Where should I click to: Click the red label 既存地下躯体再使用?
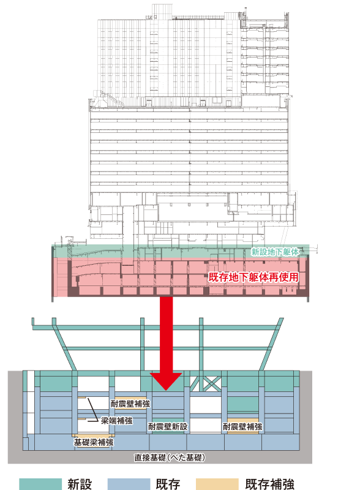pyautogui.click(x=253, y=277)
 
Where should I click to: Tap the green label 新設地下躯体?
pyautogui.click(x=275, y=252)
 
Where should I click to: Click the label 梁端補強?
pyautogui.click(x=116, y=421)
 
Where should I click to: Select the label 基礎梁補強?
pyautogui.click(x=94, y=442)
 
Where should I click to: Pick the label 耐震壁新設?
pyautogui.click(x=168, y=426)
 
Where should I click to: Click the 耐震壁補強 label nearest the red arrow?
pyautogui.click(x=130, y=404)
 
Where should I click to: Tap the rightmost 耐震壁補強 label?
pyautogui.click(x=242, y=426)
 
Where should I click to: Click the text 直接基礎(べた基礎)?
pyautogui.click(x=170, y=458)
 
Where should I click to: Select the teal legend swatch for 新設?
pyautogui.click(x=40, y=484)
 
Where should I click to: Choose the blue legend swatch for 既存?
pyautogui.click(x=129, y=484)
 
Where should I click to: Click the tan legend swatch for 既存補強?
pyautogui.click(x=217, y=484)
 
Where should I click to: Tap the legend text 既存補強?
pyautogui.click(x=269, y=484)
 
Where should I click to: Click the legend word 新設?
pyautogui.click(x=80, y=484)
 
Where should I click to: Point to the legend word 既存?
pyautogui.click(x=168, y=484)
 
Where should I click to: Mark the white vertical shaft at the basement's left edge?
pyautogui.click(x=31, y=402)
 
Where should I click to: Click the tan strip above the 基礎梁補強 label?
pyautogui.click(x=94, y=435)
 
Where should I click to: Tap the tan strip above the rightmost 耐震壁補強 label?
pyautogui.click(x=243, y=420)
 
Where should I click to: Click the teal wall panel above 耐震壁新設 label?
pyautogui.click(x=168, y=421)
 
